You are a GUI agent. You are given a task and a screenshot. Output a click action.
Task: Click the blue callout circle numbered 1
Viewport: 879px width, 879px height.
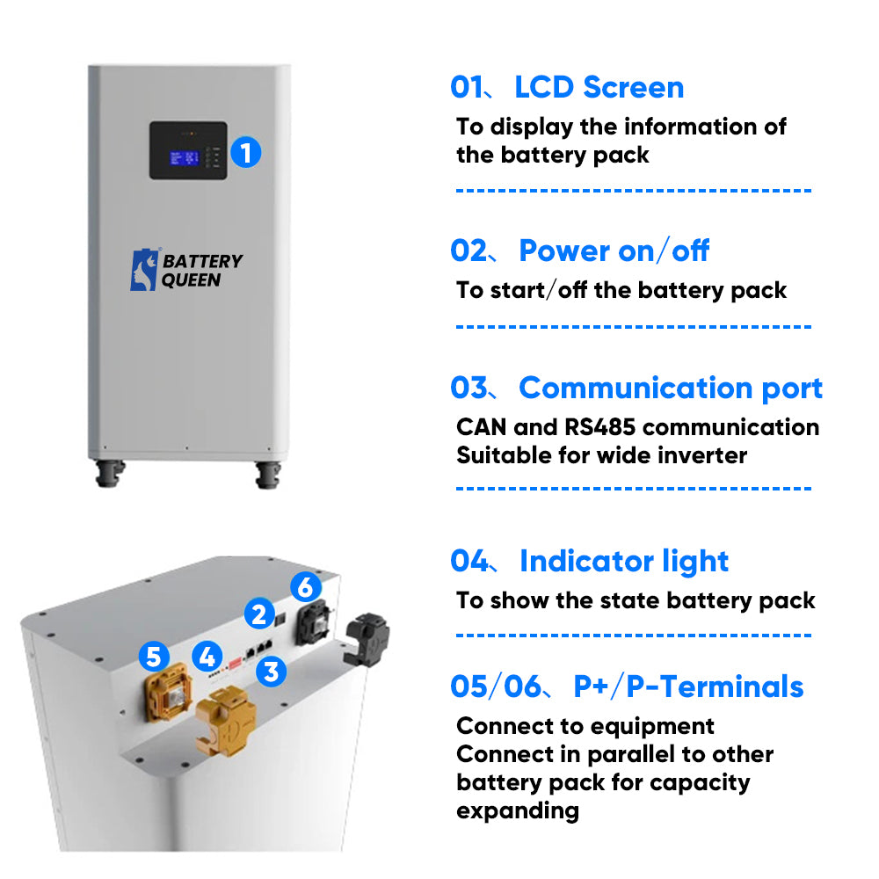246,152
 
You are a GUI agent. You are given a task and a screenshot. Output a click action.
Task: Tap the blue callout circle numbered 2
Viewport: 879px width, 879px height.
258,613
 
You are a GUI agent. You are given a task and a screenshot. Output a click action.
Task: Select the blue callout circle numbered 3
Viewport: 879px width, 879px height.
271,672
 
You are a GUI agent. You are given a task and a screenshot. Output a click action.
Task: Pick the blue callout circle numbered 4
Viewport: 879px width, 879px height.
207,655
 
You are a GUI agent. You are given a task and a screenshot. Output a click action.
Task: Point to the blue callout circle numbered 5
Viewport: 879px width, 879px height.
154,655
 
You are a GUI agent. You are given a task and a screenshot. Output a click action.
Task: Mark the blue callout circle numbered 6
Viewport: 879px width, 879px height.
305,586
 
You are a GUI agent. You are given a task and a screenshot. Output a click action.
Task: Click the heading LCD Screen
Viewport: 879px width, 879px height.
599,87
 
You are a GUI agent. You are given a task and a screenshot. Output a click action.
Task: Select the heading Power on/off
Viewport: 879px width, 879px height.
614,251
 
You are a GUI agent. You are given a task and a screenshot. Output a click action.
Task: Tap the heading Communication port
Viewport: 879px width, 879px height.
671,388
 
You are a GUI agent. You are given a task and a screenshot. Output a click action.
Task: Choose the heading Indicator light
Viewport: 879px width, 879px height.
624,561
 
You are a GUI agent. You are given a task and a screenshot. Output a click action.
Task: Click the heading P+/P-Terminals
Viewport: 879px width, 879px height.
688,686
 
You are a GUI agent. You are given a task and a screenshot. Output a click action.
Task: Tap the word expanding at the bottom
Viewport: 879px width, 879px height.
518,810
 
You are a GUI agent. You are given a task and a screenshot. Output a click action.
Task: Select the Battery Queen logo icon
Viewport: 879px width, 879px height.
144,270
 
